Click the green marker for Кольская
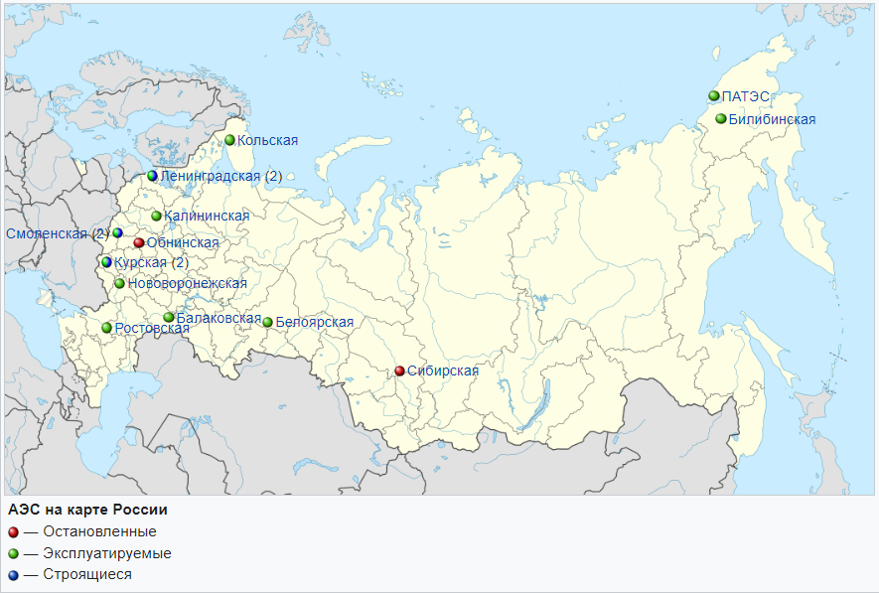229,140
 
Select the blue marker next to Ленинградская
152,176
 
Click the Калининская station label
207,216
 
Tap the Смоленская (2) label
57,233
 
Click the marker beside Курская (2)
106,263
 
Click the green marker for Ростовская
106,328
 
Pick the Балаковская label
219,319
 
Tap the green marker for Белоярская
267,322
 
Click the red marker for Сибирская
399,371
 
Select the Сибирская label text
443,371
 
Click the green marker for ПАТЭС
713,96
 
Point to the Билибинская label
772,119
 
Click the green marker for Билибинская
721,119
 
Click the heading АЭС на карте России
87,510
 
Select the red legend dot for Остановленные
13,531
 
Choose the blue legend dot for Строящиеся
13,574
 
